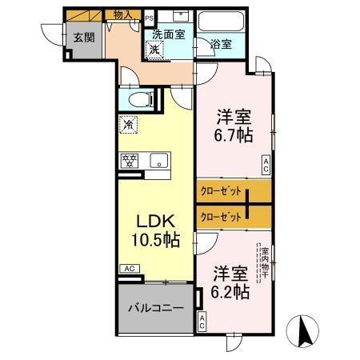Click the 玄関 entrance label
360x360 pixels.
pyautogui.click(x=83, y=37)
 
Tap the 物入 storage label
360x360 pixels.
pyautogui.click(x=122, y=14)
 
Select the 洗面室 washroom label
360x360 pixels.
pyautogui.click(x=169, y=34)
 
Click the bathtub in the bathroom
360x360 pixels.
pyautogui.click(x=222, y=23)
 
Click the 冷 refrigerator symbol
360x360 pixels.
pyautogui.click(x=127, y=124)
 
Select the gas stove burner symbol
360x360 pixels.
pyautogui.click(x=129, y=159)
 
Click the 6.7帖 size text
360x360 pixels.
pyautogui.click(x=233, y=136)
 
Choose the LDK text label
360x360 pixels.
pyautogui.click(x=155, y=220)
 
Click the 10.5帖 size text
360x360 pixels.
pyautogui.click(x=156, y=239)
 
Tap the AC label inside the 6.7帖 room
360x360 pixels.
pyautogui.click(x=266, y=166)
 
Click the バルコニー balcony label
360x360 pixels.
pyautogui.click(x=157, y=307)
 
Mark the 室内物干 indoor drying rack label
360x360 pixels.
pyautogui.click(x=264, y=261)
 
